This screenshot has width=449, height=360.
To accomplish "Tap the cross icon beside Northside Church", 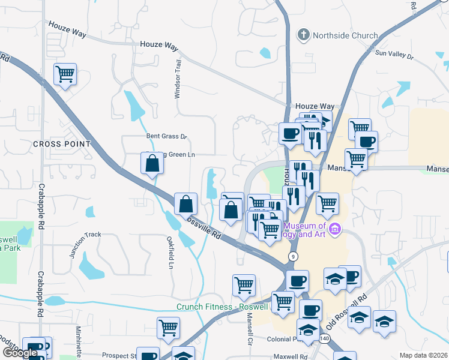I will click(304, 35).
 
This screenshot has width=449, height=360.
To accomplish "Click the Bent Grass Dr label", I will click(167, 136).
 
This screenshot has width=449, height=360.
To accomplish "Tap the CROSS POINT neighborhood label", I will click(62, 144).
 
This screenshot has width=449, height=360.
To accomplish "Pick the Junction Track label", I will click(85, 245).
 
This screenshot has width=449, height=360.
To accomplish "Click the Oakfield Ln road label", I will click(171, 255).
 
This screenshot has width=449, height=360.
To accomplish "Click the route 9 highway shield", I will click(293, 256).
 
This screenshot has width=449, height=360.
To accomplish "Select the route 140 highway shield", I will click(325, 339).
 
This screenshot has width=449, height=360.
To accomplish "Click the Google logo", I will click(20, 353).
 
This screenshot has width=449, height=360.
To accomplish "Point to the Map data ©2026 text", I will click(423, 355).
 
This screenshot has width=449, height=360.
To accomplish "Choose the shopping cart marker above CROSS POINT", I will click(65, 75).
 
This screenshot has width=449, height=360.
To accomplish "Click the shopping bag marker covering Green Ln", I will click(152, 164).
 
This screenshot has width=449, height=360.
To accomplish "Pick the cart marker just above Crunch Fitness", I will click(244, 286).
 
